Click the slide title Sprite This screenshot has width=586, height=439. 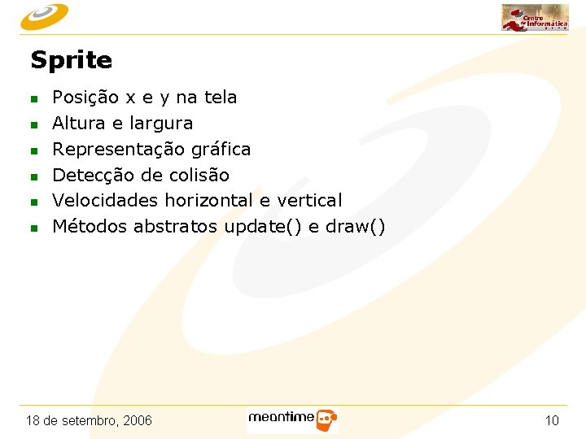pyautogui.click(x=71, y=60)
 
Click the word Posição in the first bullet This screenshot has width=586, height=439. pyautogui.click(x=85, y=98)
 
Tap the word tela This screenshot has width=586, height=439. pyautogui.click(x=220, y=98)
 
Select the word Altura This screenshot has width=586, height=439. pyautogui.click(x=77, y=124)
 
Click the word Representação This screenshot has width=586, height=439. pyautogui.click(x=119, y=150)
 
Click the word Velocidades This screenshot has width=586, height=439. pyautogui.click(x=105, y=200)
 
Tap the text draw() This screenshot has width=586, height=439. pyautogui.click(x=355, y=226)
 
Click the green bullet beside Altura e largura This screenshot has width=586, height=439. pyautogui.click(x=34, y=125)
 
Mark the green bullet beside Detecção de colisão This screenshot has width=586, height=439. pyautogui.click(x=34, y=176)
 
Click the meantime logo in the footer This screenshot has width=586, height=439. pyautogui.click(x=292, y=419)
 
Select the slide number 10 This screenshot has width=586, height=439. pyautogui.click(x=552, y=420)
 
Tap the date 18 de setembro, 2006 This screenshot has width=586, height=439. pyautogui.click(x=89, y=420)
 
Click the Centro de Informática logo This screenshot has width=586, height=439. pyautogui.click(x=535, y=17)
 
